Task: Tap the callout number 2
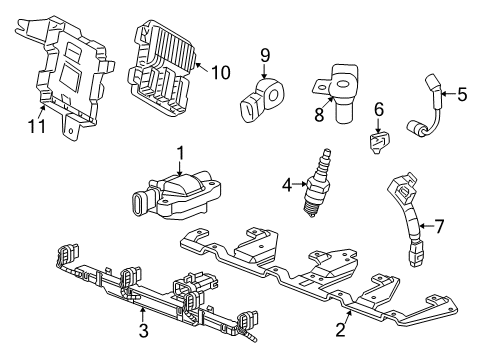click(x=342, y=325)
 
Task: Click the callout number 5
click(x=462, y=95)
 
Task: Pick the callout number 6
click(x=379, y=108)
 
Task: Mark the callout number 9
click(x=265, y=54)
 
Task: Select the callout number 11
click(x=38, y=126)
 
